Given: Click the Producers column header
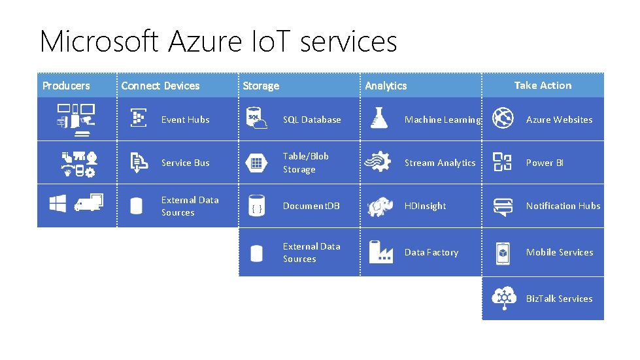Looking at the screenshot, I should (x=66, y=86).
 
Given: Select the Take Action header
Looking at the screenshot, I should (x=543, y=85).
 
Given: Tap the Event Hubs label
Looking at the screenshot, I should (x=185, y=120).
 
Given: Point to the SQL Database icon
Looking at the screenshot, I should (x=256, y=119).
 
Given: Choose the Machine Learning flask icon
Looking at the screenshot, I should (x=379, y=118).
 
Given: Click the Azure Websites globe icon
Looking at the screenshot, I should (x=502, y=118).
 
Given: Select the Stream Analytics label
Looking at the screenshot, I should (x=440, y=163).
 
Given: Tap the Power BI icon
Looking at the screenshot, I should (x=502, y=162).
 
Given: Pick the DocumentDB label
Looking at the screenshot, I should (x=311, y=206).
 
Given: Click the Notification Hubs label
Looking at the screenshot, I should (x=563, y=206).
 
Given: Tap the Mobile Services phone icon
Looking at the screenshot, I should (x=502, y=253).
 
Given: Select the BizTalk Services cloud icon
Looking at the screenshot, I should (x=504, y=298).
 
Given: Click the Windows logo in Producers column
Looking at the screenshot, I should (x=58, y=203).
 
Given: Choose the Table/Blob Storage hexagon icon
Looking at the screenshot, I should (x=256, y=163).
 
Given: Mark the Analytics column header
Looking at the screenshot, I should (x=386, y=86).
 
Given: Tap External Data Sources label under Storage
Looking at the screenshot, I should (x=311, y=253).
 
